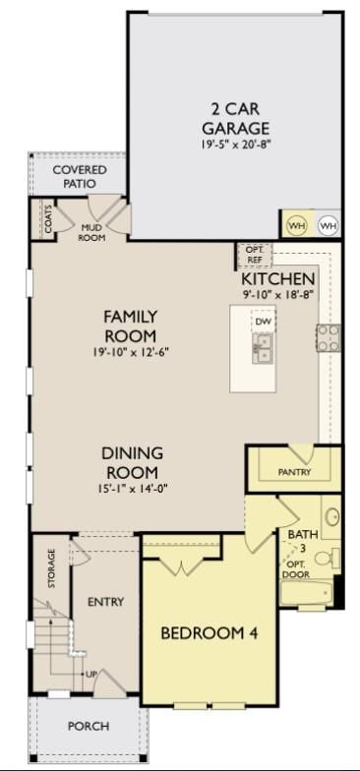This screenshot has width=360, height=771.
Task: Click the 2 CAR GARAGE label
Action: point(236,119)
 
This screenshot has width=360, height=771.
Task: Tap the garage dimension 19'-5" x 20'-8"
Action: point(236,146)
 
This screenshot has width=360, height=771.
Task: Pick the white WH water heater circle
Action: point(329,226)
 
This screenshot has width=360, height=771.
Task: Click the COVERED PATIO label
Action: point(79,177)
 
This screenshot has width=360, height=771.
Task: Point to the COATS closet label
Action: point(47,220)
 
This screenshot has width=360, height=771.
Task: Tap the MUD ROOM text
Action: point(93,232)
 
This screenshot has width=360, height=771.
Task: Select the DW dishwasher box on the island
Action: point(264,323)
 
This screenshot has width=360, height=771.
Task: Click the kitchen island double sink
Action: point(264,348)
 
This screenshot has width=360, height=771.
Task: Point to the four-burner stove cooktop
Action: point(329,338)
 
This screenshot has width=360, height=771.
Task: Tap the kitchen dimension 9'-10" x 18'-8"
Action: point(277,295)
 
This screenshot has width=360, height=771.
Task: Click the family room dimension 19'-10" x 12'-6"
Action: point(130,352)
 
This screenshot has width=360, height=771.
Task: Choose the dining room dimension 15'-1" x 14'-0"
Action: point(130,488)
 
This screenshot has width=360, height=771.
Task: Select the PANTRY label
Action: point(295,472)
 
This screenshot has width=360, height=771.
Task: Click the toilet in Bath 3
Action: point(327,559)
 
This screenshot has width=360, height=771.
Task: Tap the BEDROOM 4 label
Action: point(210,633)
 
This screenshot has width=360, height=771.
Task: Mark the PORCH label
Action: point(89,726)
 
